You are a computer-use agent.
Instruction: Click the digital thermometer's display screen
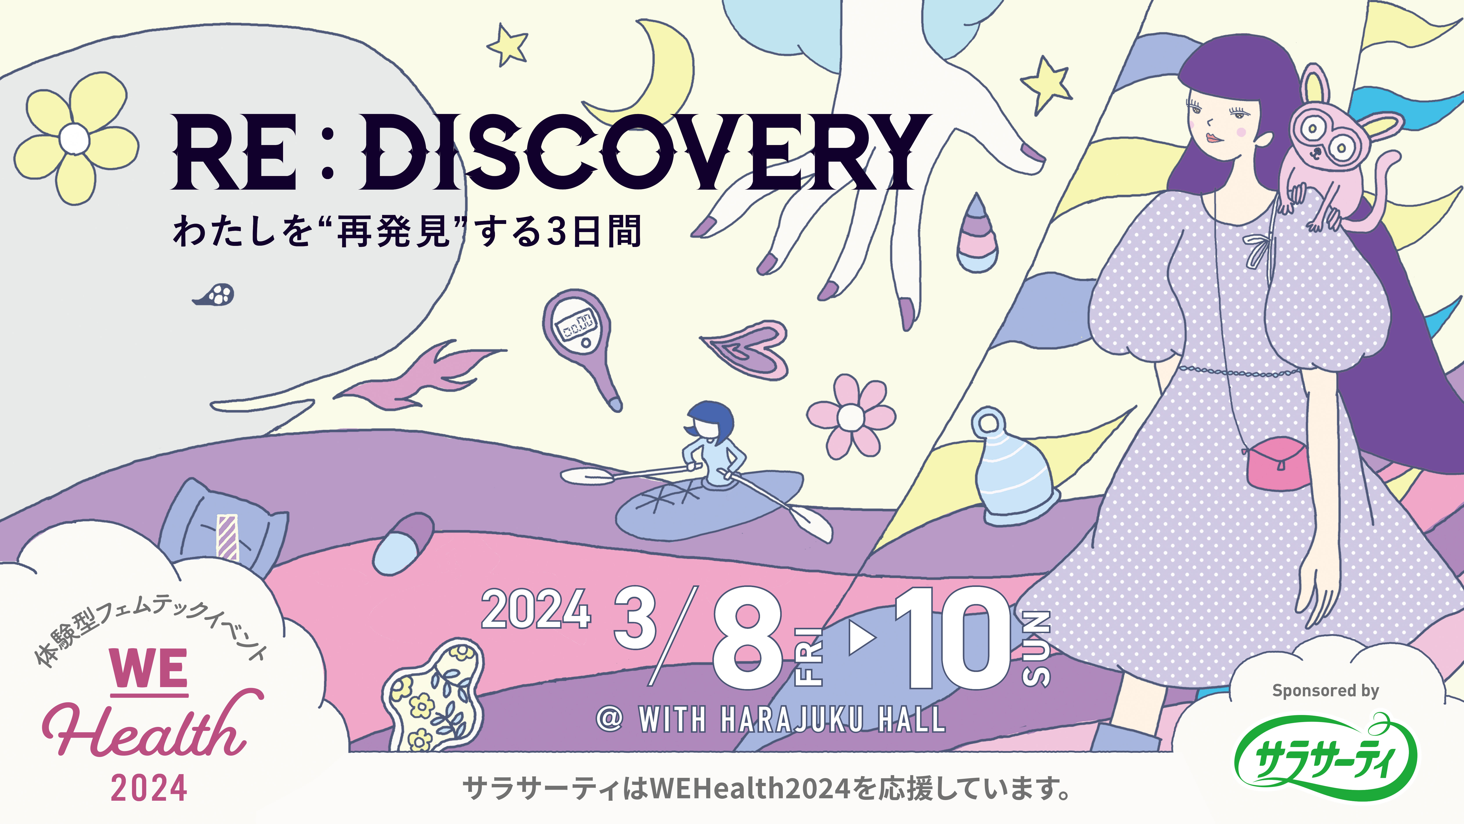point(576,326)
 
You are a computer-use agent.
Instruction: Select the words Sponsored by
point(1325,690)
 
